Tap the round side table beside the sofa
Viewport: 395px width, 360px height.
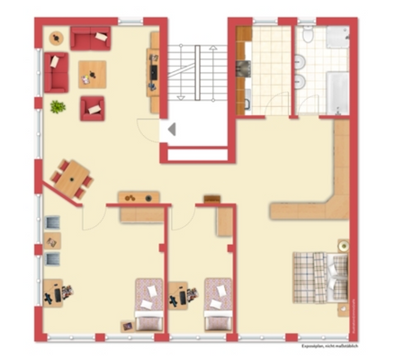55,38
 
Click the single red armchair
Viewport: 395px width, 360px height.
93,109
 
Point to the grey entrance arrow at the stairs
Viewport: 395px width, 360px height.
172,130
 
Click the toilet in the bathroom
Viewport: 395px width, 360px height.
309,37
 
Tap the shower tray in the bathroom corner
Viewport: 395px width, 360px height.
337,37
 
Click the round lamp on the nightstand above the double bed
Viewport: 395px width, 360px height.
343,244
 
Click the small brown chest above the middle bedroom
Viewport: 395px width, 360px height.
212,197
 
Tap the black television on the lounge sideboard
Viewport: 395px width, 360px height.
153,72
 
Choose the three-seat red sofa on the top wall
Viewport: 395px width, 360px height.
90,38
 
